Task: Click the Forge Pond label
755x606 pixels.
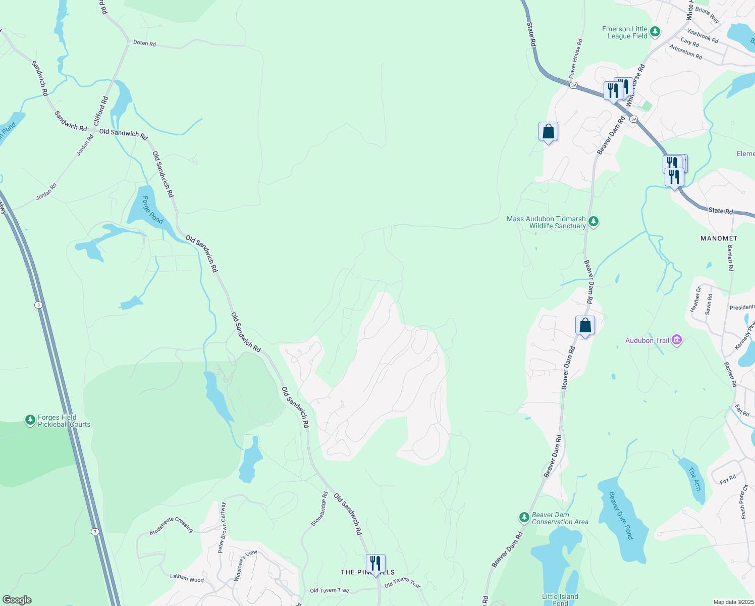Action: coord(152,210)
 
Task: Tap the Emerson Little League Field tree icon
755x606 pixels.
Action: coord(655,32)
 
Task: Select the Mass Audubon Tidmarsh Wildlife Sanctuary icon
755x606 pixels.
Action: coord(594,221)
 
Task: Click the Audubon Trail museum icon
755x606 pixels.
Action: coord(677,340)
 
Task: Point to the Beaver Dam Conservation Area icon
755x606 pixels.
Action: coord(524,518)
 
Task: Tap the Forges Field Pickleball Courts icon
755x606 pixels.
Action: coord(30,420)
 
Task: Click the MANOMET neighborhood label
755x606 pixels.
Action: coord(719,238)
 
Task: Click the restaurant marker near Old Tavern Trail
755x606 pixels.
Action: coord(375,563)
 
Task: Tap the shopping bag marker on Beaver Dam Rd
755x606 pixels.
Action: coord(585,325)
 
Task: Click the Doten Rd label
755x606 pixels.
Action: coord(144,43)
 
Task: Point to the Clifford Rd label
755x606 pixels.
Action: coord(101,111)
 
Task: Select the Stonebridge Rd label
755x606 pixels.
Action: coord(319,509)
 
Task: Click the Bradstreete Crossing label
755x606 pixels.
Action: coord(171,525)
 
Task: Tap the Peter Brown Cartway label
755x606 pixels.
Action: coord(222,527)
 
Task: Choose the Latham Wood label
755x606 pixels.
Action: coord(187,578)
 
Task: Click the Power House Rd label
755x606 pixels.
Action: coord(576,59)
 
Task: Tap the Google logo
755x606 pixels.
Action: coord(17,599)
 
